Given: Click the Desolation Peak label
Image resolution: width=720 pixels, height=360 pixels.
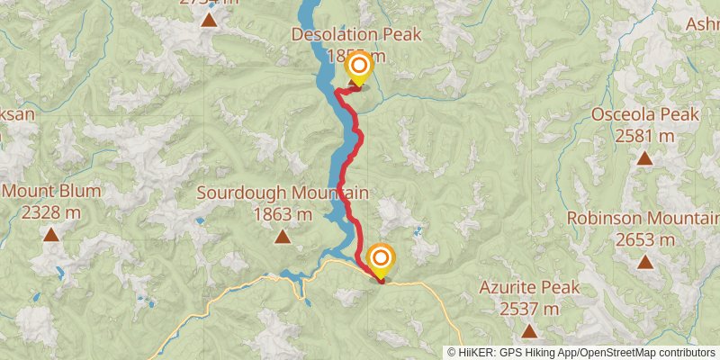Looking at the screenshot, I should click(x=356, y=35).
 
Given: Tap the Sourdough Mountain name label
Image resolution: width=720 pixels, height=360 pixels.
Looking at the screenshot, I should click(x=282, y=193).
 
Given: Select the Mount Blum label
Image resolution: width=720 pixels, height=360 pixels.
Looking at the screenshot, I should click(x=51, y=191).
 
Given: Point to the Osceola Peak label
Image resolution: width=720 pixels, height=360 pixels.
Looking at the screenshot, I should click(x=644, y=114).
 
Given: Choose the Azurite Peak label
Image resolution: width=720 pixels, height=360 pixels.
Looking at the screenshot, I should click(x=529, y=288).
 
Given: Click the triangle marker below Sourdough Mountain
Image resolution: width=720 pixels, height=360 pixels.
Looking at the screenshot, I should click(x=282, y=237).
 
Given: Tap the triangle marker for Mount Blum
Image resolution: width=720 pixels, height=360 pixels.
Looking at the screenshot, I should click(x=51, y=236).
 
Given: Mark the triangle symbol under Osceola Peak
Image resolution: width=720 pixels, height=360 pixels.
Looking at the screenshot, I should click(x=644, y=158).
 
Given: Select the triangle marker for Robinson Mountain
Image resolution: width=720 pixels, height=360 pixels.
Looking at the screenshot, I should click(x=644, y=262).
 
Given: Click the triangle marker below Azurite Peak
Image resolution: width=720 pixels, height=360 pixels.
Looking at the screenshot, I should click(x=529, y=331).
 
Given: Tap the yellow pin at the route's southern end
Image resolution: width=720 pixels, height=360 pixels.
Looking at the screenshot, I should click(x=381, y=259).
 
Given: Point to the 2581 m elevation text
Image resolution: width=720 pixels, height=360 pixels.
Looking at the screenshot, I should click(x=644, y=136).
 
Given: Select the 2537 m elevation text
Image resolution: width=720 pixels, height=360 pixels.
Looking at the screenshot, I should click(x=529, y=310).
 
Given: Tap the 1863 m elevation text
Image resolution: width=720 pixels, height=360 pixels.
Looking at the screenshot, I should click(x=282, y=214).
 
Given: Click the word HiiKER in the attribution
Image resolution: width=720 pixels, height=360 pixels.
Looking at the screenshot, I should click(x=478, y=353).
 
